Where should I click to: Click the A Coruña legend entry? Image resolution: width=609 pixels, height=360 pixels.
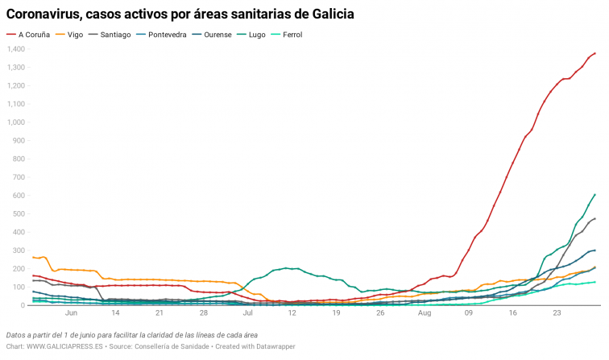tap(35, 35)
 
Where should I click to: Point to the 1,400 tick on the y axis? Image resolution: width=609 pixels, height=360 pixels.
tap(16, 49)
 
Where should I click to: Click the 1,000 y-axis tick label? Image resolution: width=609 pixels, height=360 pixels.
tap(16, 122)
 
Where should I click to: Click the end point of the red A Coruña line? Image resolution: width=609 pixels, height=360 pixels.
tap(594, 53)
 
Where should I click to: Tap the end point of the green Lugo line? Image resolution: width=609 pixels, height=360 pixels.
tap(594, 194)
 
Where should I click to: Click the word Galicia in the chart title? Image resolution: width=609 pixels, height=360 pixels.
tap(331, 14)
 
